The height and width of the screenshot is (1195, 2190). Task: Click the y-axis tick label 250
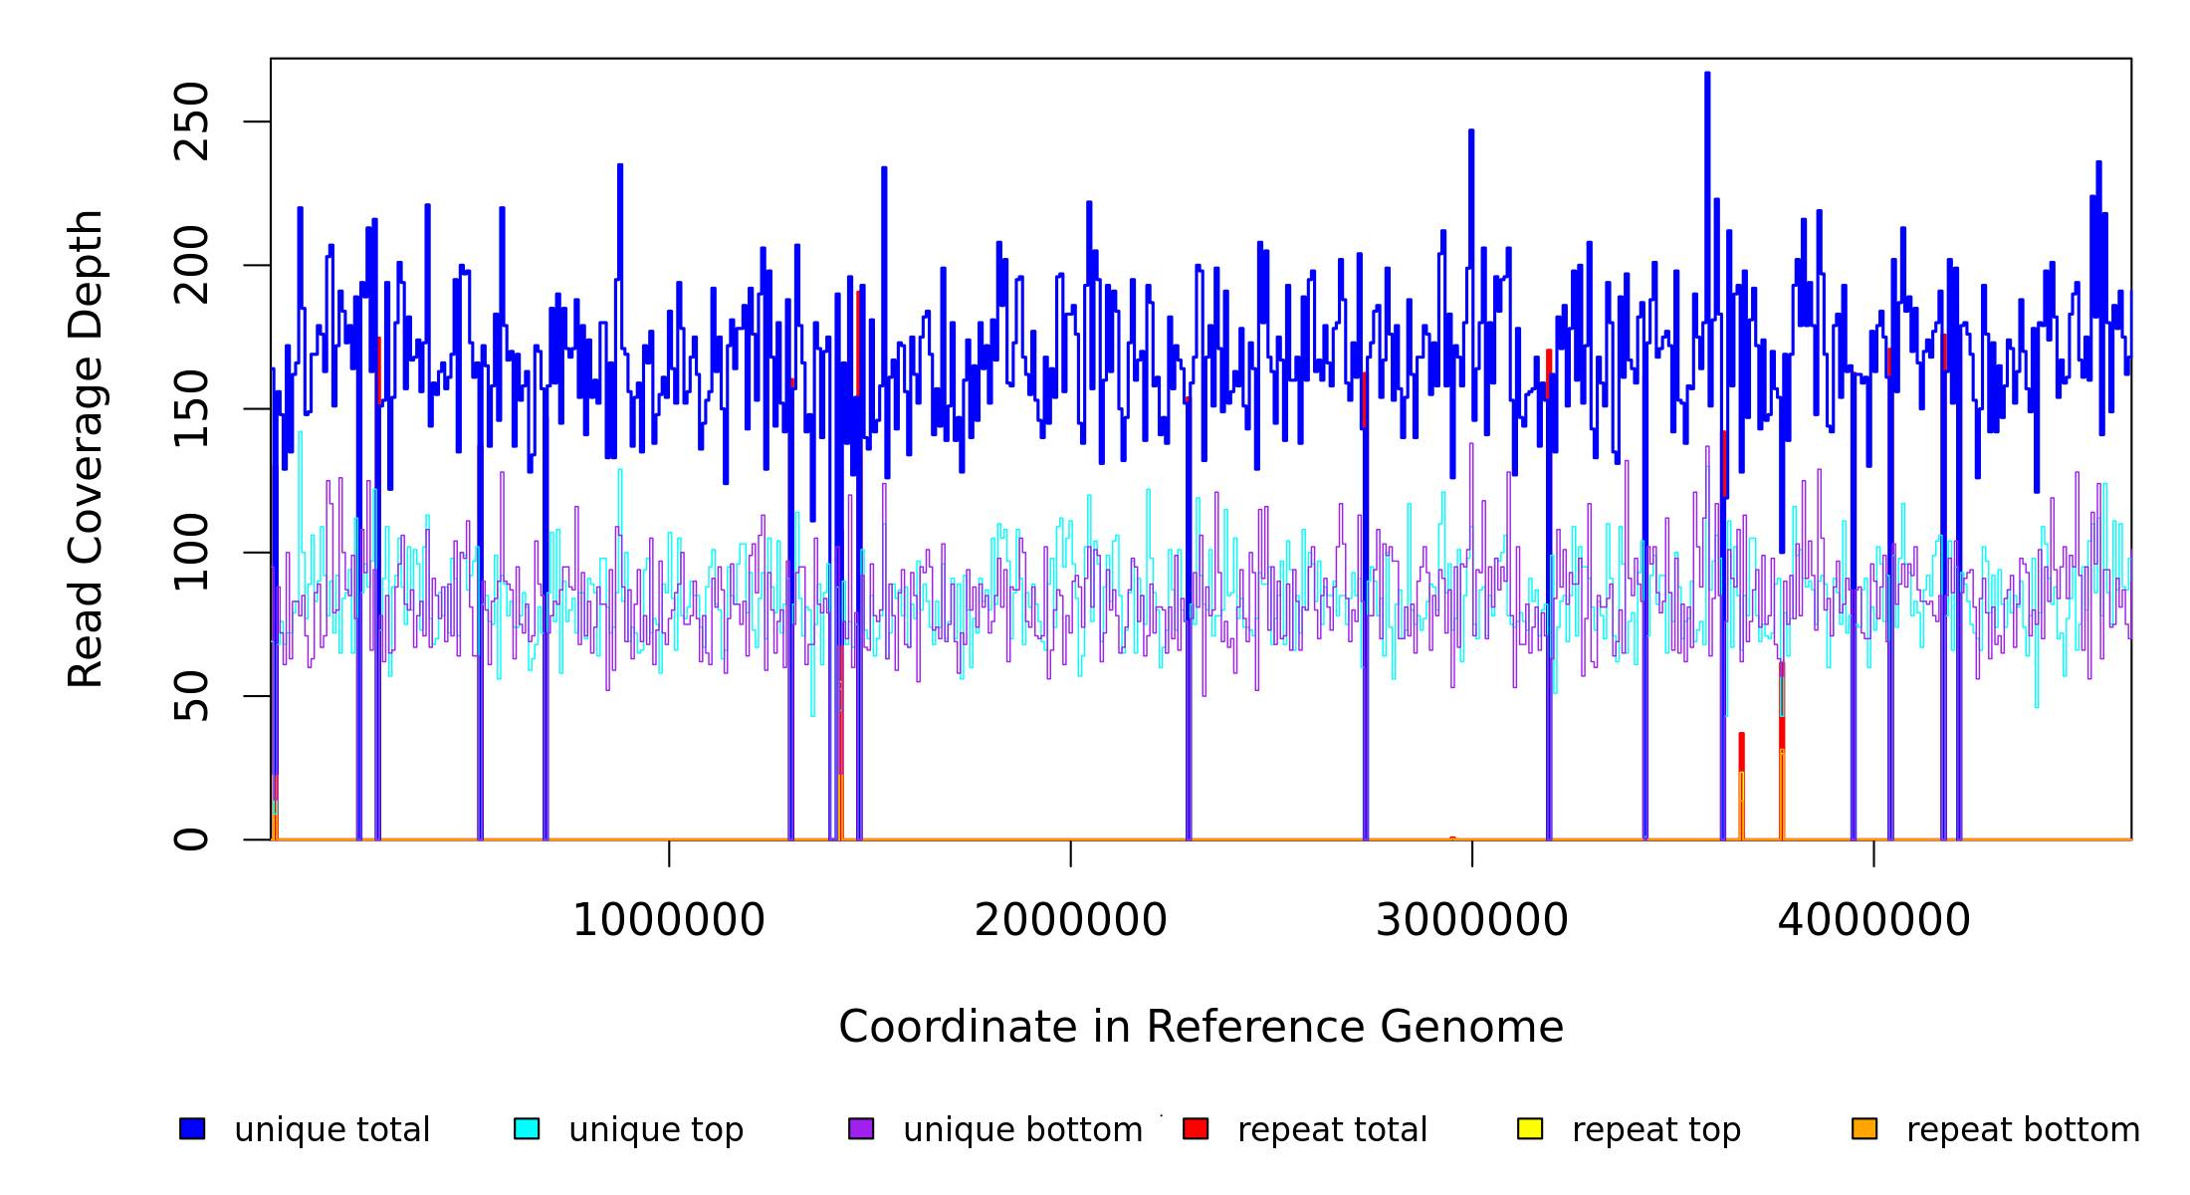191,121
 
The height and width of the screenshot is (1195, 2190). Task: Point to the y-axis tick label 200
191,265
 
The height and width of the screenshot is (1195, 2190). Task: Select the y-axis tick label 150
191,408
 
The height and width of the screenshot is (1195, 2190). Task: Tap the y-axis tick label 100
191,552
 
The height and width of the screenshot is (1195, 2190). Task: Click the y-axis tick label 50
191,695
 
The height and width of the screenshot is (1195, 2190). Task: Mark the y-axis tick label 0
191,838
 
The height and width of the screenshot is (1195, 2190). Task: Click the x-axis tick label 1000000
669,920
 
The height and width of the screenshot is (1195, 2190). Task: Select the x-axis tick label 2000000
1071,920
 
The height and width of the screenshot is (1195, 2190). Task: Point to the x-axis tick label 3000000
1472,920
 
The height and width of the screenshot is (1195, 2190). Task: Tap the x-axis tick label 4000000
1874,920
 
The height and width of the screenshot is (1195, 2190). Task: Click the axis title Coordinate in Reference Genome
1201,1028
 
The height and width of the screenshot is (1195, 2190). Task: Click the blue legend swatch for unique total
192,1128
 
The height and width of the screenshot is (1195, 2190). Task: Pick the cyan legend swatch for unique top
527,1128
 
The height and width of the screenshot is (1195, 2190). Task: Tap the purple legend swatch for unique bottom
861,1128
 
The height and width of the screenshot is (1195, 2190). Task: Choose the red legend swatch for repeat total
1196,1128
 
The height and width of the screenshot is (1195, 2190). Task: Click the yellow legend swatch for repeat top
1530,1128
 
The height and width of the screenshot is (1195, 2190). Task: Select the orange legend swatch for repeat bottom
1864,1128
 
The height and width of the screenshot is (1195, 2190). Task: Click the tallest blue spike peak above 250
1707,74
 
